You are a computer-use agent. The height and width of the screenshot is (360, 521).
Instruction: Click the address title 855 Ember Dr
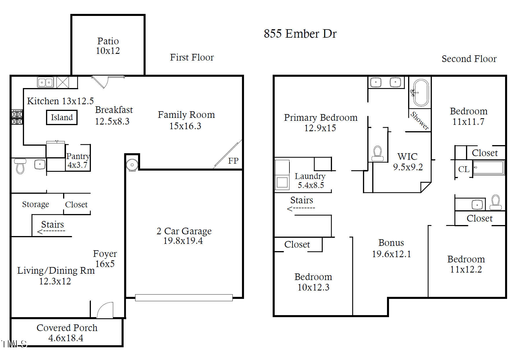point(300,34)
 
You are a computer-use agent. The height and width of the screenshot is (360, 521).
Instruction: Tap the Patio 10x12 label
point(108,46)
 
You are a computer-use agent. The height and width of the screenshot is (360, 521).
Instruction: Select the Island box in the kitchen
point(62,117)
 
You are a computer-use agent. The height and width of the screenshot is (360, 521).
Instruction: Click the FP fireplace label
point(233,161)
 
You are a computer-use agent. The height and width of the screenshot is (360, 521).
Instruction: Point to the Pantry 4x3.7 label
point(78,160)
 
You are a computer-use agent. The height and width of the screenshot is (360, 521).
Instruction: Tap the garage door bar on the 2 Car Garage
point(184,297)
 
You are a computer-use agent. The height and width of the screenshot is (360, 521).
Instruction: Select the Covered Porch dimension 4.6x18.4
point(66,338)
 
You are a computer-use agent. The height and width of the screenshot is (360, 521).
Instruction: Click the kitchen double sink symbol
point(45,82)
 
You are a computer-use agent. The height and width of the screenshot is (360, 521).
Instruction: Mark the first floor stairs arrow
point(51,231)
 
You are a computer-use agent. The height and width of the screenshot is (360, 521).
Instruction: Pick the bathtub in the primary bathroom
point(421,93)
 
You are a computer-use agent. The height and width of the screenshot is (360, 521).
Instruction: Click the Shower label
point(419,121)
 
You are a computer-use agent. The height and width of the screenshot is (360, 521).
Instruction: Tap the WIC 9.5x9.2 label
point(408,162)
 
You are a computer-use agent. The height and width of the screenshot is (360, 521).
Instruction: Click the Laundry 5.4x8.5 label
point(310,180)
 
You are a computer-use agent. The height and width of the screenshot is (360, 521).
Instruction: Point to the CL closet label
point(463,169)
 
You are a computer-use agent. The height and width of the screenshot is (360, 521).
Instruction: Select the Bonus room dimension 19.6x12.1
point(391,254)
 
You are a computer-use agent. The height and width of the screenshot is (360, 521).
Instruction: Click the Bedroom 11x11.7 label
point(468,116)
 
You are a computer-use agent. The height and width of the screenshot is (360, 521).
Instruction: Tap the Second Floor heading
point(469,59)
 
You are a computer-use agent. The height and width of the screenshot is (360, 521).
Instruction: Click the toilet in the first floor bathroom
point(20,167)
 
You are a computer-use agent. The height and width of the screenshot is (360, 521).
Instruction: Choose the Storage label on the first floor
point(36,204)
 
